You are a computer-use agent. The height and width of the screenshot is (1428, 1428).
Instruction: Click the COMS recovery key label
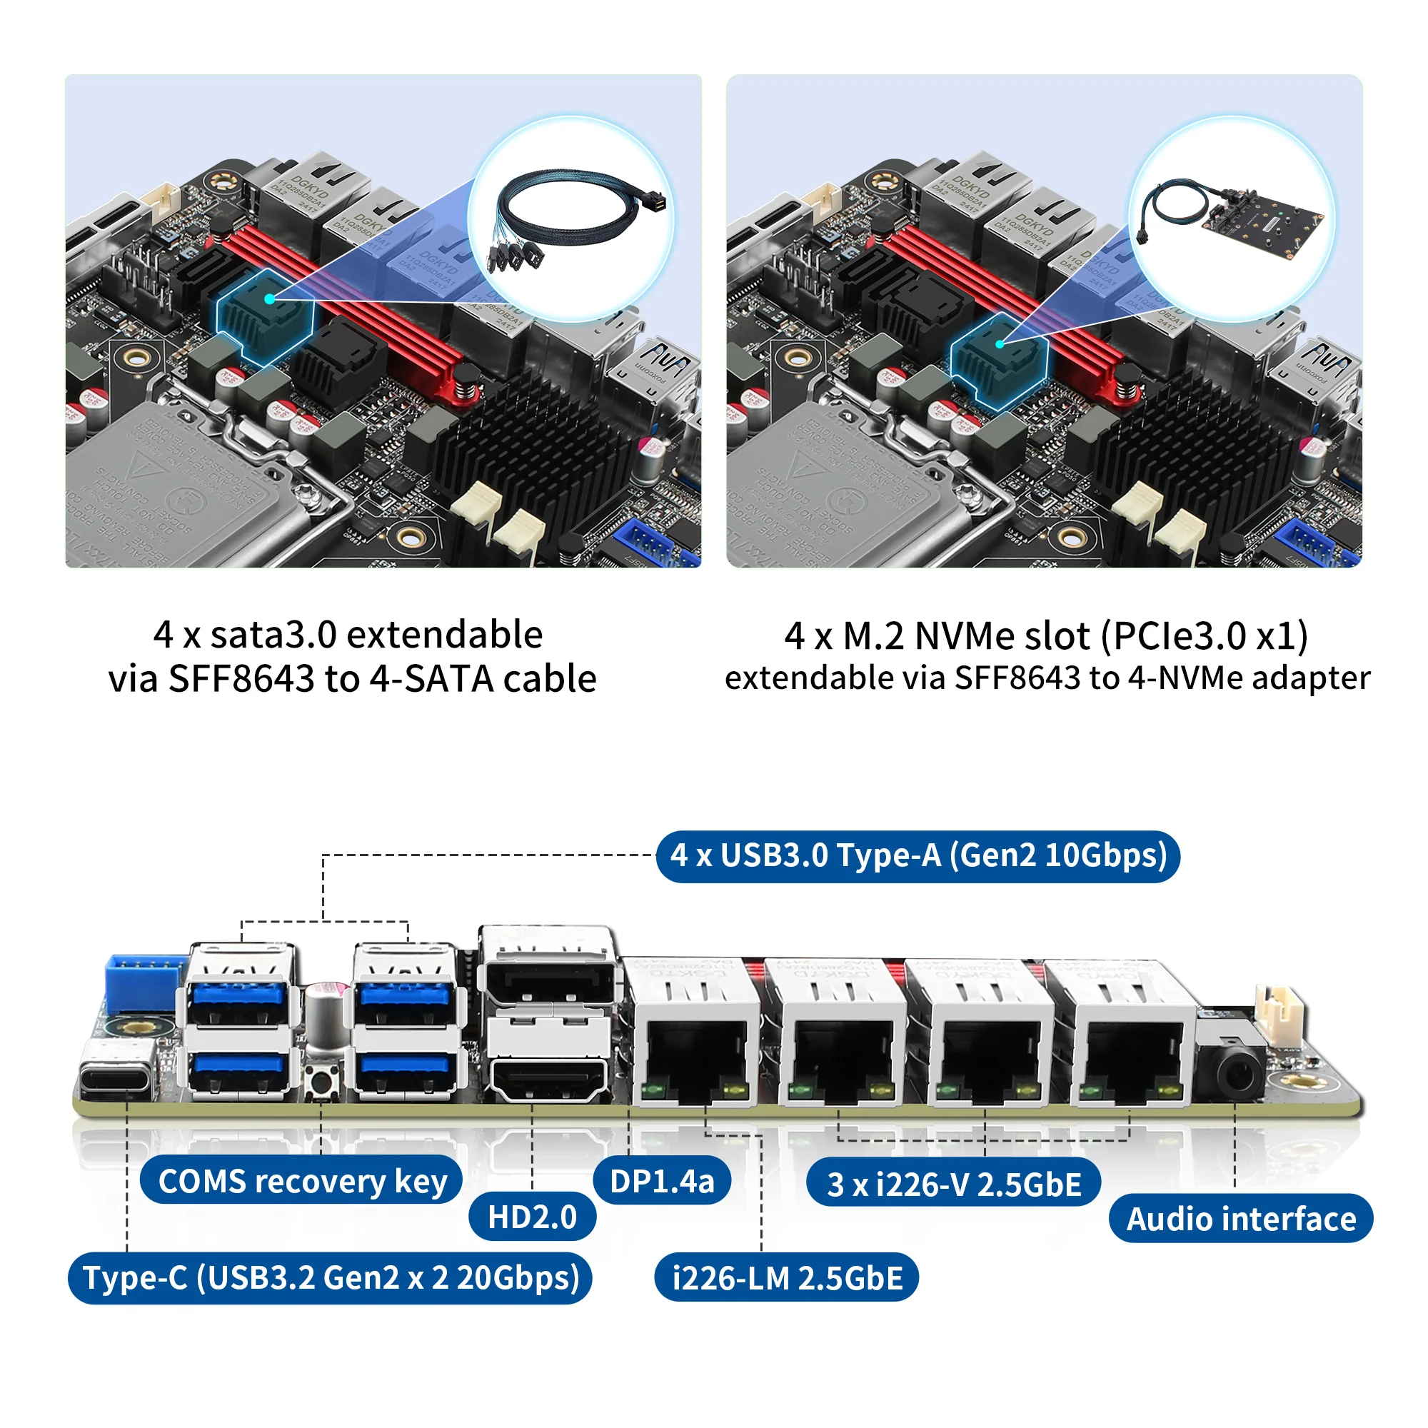[301, 1181]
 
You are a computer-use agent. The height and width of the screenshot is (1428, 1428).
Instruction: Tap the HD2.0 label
[531, 1217]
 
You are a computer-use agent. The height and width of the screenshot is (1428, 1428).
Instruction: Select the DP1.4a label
[662, 1181]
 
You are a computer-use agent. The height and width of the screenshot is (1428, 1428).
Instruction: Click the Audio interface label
[1240, 1219]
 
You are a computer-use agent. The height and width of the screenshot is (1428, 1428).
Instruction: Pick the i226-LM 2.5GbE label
[786, 1278]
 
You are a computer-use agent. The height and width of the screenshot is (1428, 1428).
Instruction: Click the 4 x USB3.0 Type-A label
[918, 856]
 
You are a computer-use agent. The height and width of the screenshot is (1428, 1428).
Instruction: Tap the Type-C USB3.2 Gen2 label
[331, 1278]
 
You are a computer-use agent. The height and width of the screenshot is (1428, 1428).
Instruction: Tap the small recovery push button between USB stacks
[322, 1081]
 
